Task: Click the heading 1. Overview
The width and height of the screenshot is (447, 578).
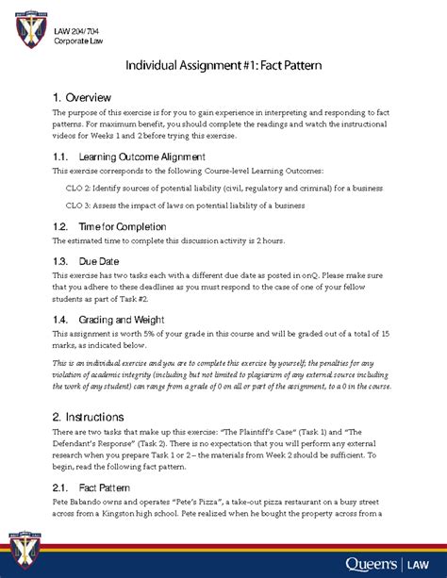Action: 83,98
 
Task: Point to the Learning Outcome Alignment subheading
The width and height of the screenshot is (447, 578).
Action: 141,156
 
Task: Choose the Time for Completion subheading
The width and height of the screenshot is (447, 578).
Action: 123,227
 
